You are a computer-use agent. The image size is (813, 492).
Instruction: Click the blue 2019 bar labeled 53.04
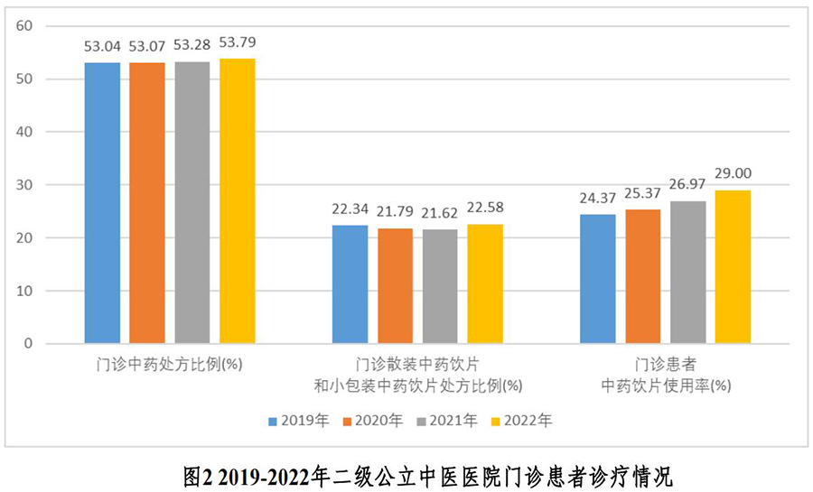pyautogui.click(x=102, y=203)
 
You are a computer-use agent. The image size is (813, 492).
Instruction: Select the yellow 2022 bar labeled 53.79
pyautogui.click(x=238, y=201)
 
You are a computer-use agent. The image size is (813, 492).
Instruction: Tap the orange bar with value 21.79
pyautogui.click(x=395, y=286)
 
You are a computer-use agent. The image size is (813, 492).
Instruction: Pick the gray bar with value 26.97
pyautogui.click(x=688, y=273)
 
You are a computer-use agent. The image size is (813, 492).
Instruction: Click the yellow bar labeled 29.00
pyautogui.click(x=733, y=267)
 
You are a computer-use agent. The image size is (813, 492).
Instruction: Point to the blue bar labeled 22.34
pyautogui.click(x=350, y=284)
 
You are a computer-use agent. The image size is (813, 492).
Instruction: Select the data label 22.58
pyautogui.click(x=485, y=208)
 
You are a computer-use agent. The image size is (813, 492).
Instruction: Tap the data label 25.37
pyautogui.click(x=643, y=192)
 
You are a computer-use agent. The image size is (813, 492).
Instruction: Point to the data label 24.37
pyautogui.click(x=598, y=198)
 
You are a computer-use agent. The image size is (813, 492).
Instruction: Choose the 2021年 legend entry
pyautogui.click(x=450, y=420)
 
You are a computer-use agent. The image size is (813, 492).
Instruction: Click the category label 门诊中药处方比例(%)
pyautogui.click(x=170, y=366)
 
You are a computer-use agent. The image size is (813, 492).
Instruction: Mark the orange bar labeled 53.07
pyautogui.click(x=147, y=203)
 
